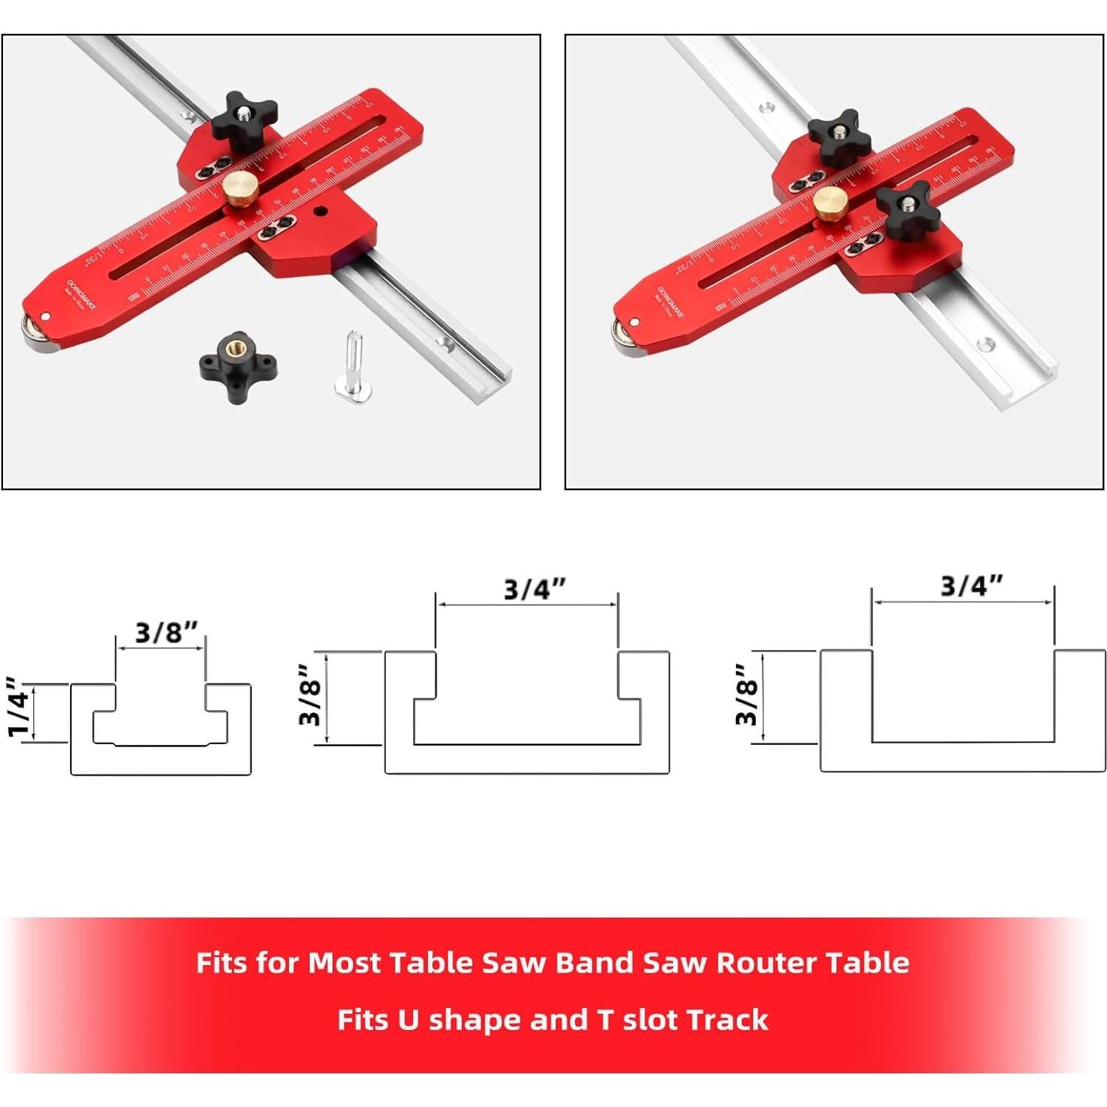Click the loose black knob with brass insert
point(238,358)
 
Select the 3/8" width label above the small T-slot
point(166,633)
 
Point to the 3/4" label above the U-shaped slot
point(971,585)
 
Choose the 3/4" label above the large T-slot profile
point(534,589)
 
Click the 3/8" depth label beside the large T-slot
point(310,695)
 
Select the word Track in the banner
point(726,1020)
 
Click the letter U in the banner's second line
point(409,1020)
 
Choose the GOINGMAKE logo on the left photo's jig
point(81,294)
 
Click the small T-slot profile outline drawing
point(160,729)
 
